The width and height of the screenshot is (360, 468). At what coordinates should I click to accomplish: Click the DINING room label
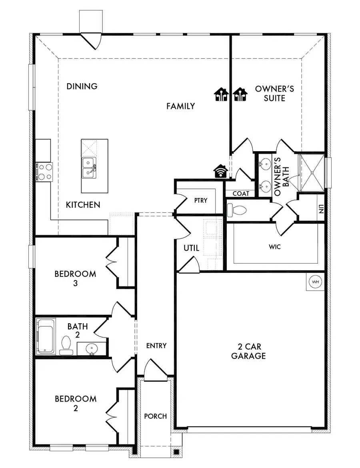click(x=82, y=86)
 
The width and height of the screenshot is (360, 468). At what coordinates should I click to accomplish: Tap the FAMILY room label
click(x=180, y=106)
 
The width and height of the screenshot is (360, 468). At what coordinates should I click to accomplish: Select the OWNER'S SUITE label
click(x=274, y=93)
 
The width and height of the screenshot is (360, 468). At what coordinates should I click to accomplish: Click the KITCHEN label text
click(x=83, y=205)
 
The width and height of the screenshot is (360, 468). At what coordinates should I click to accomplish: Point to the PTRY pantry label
click(x=201, y=200)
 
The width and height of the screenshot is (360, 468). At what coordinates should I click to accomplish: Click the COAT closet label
click(x=241, y=194)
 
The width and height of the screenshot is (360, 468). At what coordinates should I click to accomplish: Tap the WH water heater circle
click(x=316, y=282)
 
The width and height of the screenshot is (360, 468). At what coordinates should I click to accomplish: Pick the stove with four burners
click(x=44, y=171)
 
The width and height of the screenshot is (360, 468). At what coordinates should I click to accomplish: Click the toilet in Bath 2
click(x=66, y=345)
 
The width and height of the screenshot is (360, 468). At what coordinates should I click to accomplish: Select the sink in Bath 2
click(x=92, y=348)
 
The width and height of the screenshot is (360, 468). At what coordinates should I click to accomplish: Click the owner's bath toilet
click(x=236, y=209)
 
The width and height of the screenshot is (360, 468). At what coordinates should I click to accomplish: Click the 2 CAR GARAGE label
click(x=248, y=351)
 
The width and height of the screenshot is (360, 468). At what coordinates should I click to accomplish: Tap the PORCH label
click(x=155, y=416)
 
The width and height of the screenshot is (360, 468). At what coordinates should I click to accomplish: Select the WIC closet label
click(x=275, y=247)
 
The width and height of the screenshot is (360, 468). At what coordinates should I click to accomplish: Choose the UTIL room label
click(x=191, y=248)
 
